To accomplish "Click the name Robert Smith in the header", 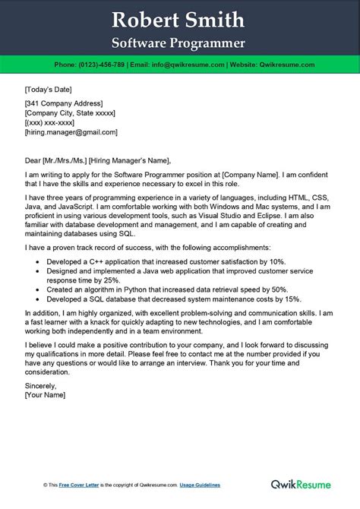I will [x=179, y=19].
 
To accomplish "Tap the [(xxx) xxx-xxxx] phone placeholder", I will [x=52, y=122].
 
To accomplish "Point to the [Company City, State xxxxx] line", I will [x=70, y=112].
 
